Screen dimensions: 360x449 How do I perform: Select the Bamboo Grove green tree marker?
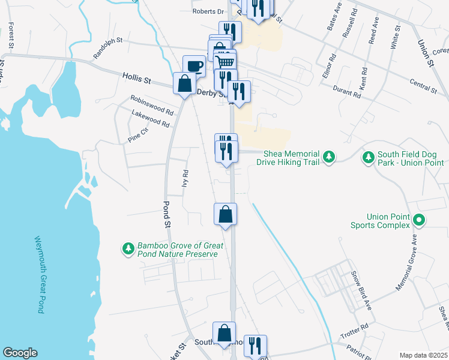pos(128,248)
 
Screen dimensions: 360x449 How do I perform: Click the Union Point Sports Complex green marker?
pos(420,221)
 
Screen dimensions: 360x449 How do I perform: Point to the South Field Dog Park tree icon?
pos(368,158)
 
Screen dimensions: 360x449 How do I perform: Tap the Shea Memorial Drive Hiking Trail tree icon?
pos(328,157)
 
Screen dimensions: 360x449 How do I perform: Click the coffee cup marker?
pos(194,65)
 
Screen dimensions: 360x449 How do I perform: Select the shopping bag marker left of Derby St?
pos(184,83)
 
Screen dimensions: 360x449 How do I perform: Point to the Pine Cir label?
pos(137,134)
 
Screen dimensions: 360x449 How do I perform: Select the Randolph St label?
pos(107,49)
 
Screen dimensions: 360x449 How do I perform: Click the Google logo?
pos(20,353)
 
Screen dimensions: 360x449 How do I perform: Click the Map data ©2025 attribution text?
pos(423,355)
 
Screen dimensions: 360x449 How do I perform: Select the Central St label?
pos(423,85)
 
